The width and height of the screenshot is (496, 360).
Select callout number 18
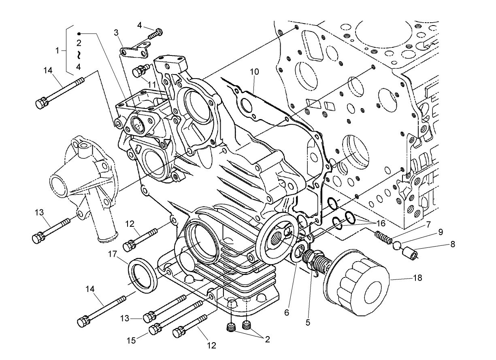(x=417, y=278)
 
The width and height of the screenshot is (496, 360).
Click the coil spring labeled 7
(x=382, y=236)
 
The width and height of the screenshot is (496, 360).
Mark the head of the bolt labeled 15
(x=154, y=330)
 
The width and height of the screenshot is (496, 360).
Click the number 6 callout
(x=286, y=312)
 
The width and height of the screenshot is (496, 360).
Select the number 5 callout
(x=308, y=323)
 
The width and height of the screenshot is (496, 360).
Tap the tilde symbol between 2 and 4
(x=79, y=55)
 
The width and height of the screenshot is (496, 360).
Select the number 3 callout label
(x=116, y=32)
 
